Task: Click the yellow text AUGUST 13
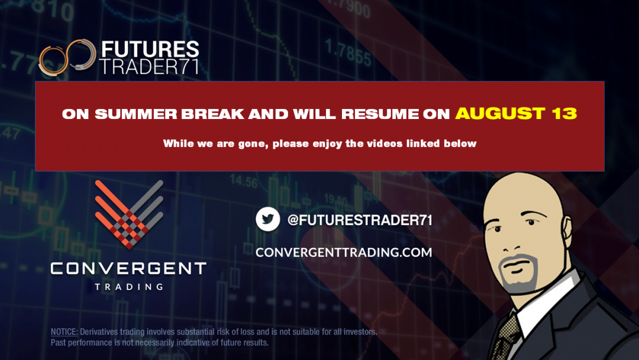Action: pyautogui.click(x=515, y=114)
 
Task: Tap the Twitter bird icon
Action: pyautogui.click(x=267, y=219)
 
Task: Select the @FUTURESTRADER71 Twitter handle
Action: pyautogui.click(x=360, y=220)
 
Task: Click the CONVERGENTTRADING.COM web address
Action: pyautogui.click(x=344, y=252)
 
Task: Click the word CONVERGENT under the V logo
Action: pyautogui.click(x=128, y=269)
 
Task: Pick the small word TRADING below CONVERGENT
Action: pyautogui.click(x=128, y=287)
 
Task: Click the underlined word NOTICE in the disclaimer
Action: pyautogui.click(x=64, y=332)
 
